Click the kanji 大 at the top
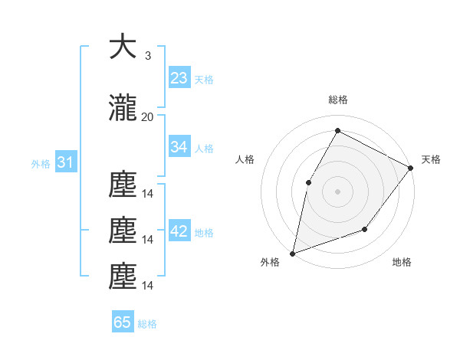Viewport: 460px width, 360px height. [x=123, y=47]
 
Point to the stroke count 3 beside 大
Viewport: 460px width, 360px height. [x=147, y=56]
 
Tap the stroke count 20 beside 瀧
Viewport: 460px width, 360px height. [x=147, y=116]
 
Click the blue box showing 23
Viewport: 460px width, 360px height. [x=179, y=77]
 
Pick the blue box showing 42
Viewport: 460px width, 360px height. [x=179, y=231]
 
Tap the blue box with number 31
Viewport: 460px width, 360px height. [x=65, y=162]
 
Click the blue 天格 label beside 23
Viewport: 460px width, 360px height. [x=204, y=79]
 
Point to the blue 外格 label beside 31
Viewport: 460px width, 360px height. [x=41, y=163]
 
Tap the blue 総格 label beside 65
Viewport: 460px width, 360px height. [x=147, y=324]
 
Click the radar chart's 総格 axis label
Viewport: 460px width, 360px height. [x=337, y=100]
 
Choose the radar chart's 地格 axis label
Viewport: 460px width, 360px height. [x=402, y=263]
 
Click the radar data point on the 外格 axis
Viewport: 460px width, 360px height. [x=292, y=253]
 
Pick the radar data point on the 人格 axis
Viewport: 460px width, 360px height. [x=308, y=182]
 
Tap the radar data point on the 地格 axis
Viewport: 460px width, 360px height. [x=365, y=229]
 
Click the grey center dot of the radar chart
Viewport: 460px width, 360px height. [x=337, y=191]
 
